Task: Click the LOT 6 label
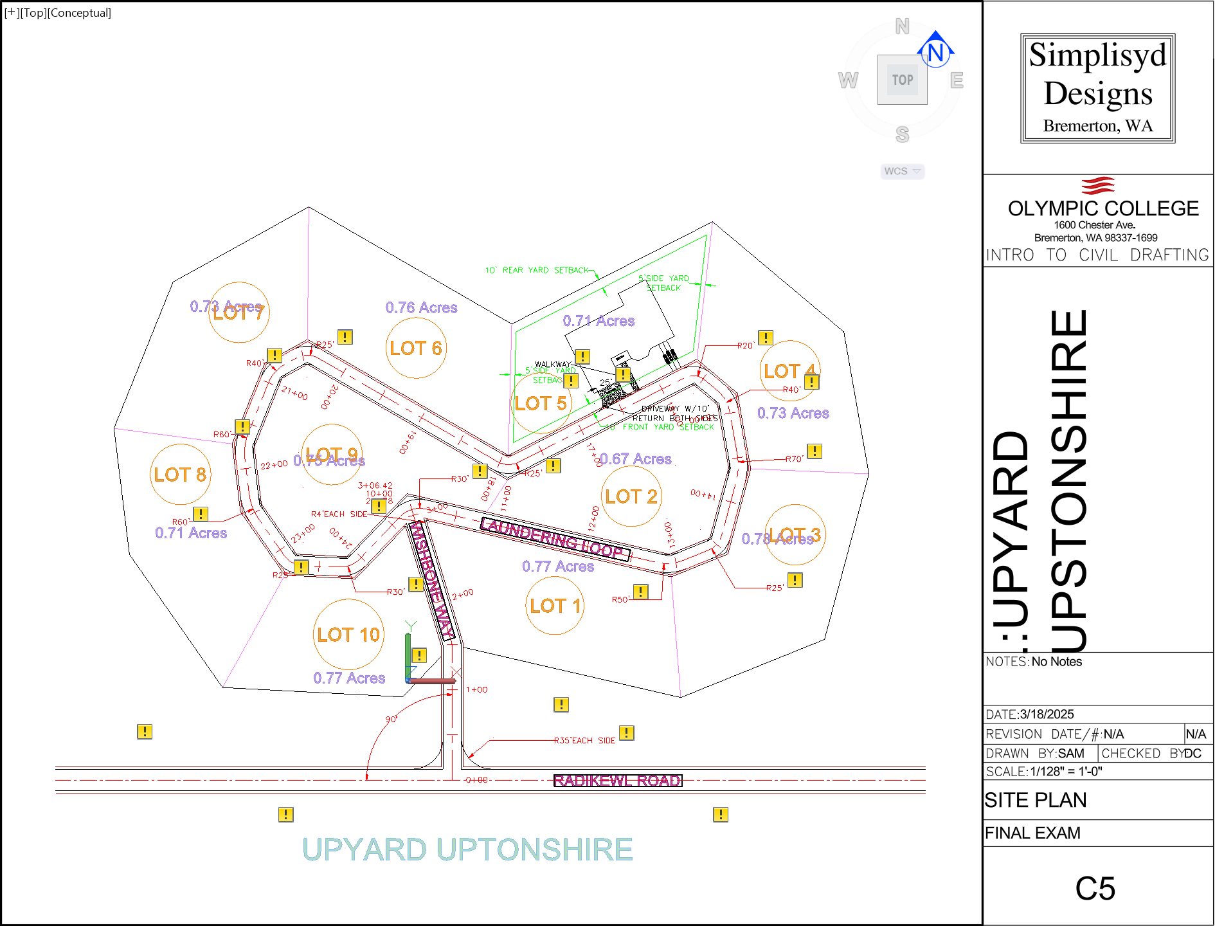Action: pos(415,348)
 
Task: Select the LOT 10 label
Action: pos(348,635)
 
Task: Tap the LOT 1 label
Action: pos(555,606)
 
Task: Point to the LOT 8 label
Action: pos(180,475)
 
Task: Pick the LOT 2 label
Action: pos(631,496)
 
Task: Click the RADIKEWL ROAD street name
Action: pos(617,781)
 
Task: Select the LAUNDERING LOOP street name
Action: pos(555,539)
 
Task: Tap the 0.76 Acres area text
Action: pos(421,308)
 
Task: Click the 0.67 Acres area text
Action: pos(635,459)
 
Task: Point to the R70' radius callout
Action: pos(794,459)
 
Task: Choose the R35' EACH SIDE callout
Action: pos(584,741)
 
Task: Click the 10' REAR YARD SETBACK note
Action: pos(537,270)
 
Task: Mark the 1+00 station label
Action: pos(476,690)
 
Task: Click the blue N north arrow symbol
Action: pos(935,50)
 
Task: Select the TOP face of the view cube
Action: pos(903,80)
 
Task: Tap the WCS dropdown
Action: pos(902,171)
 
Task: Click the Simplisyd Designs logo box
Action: pos(1097,88)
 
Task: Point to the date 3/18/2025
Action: pos(1047,714)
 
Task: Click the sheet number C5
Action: pos(1095,889)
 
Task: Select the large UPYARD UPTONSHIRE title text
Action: pos(467,849)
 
